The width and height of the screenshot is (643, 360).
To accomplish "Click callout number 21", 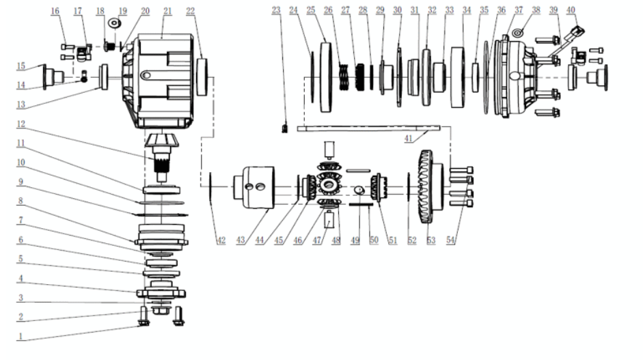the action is (167, 11).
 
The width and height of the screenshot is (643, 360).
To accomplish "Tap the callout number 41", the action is (408, 139).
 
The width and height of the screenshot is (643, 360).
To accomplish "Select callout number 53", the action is (430, 240).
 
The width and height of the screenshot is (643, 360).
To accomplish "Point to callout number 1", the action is (20, 337).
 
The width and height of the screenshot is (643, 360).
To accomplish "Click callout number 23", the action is (276, 10).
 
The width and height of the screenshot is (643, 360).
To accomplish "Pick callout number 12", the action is (20, 124).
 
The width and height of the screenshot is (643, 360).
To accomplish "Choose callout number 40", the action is (571, 10).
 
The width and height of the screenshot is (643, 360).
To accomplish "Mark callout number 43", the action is (241, 240).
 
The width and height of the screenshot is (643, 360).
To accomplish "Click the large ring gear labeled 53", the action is (430, 186).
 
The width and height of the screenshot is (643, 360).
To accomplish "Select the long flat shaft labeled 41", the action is (368, 128).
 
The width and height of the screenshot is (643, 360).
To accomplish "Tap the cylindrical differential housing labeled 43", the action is (254, 187).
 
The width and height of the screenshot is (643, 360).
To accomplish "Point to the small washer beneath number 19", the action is (113, 23).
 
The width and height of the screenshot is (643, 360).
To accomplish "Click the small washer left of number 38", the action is (518, 32).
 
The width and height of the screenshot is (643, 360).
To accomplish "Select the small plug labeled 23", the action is (284, 128).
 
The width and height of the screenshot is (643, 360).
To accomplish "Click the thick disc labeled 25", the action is (326, 77).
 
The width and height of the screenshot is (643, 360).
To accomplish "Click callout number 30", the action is (398, 10).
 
